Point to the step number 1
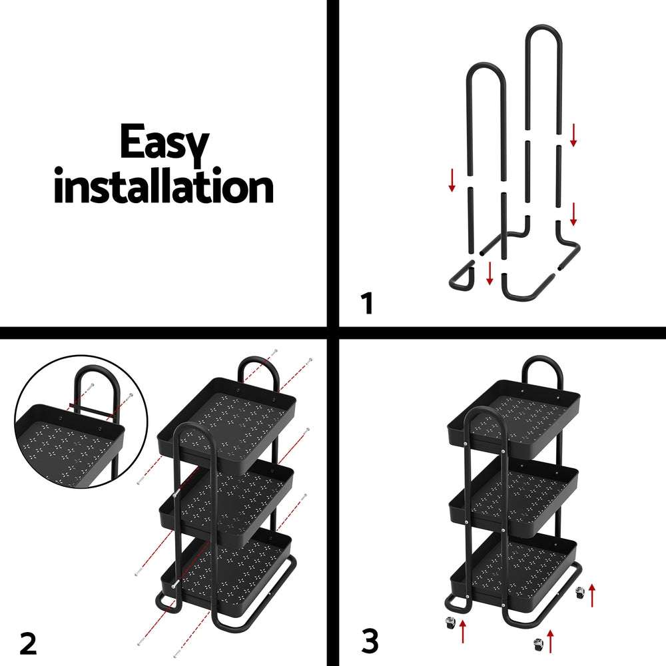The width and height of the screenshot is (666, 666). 366,304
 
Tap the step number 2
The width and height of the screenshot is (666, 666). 27,643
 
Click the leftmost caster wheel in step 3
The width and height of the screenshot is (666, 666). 450,623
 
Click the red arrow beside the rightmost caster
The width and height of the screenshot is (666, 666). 592,592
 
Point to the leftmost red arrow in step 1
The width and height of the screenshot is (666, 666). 452,180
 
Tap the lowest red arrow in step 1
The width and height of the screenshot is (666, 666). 490,273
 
